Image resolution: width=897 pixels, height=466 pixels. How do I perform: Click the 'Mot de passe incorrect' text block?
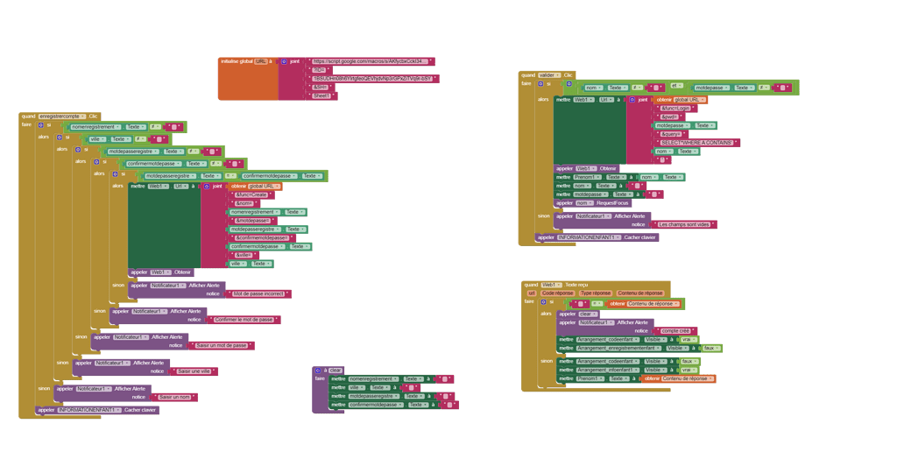[x=261, y=294]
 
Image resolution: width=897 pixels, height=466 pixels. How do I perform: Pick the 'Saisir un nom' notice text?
[x=176, y=397]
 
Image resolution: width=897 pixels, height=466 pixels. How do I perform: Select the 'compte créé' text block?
[x=675, y=330]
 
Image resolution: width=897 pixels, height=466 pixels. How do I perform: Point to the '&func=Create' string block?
[x=251, y=194]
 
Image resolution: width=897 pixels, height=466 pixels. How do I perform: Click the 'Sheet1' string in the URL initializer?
[x=321, y=95]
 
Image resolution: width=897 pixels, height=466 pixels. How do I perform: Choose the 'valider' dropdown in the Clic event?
[x=548, y=75]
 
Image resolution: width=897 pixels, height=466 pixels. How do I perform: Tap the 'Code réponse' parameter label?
[x=557, y=293]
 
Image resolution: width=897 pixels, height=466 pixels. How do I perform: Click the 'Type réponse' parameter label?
[x=596, y=293]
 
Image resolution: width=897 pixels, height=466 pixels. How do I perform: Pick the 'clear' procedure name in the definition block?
[x=335, y=370]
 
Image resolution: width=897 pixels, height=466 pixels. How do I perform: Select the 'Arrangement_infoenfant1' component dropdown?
[x=608, y=370]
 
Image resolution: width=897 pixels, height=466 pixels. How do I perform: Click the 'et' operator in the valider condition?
[x=676, y=86]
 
